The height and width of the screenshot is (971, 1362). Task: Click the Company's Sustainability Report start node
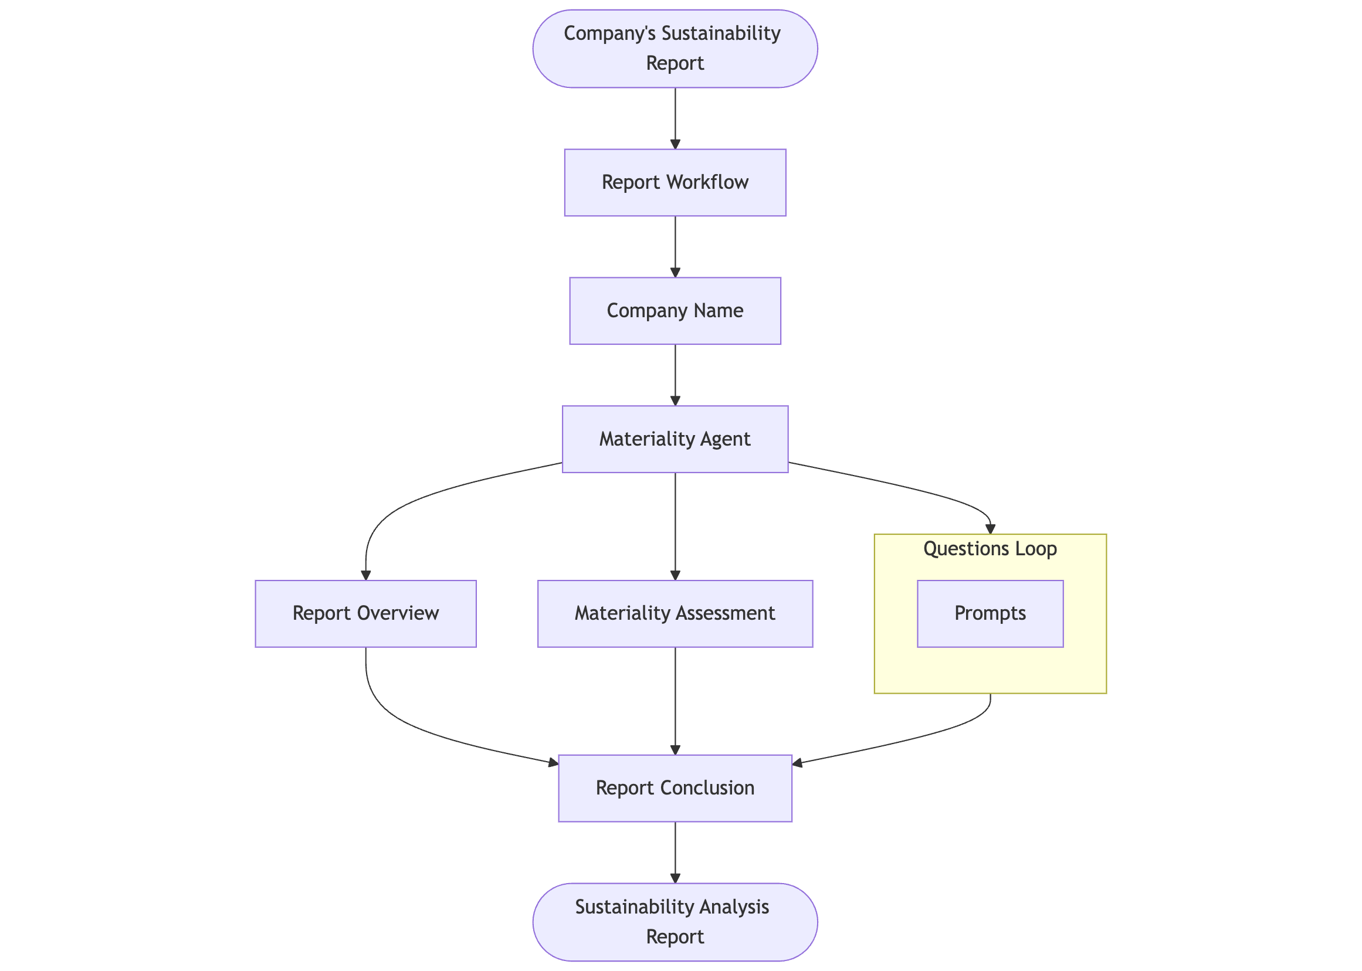coord(675,49)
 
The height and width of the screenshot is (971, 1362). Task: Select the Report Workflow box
coord(675,182)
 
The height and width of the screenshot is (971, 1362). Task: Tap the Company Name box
coord(675,311)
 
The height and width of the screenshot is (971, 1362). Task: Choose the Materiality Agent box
coord(675,439)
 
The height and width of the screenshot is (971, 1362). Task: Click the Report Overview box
coord(365,613)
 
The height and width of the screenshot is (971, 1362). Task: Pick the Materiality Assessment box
coord(675,613)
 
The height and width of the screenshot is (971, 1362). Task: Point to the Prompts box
coord(990,613)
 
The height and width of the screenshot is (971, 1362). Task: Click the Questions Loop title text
coord(990,549)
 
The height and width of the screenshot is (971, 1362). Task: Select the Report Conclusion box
coord(675,788)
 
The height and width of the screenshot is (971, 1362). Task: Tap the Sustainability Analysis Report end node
coord(675,922)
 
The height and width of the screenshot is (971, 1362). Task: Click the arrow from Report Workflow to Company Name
coord(675,245)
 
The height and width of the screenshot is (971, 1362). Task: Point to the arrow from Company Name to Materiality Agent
coord(675,374)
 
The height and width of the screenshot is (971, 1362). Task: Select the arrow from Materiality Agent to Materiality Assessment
coord(675,526)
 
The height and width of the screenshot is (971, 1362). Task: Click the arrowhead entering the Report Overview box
coord(366,575)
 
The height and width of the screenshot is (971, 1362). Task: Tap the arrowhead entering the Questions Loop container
coord(991,529)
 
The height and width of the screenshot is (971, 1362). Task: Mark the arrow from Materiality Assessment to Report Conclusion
coord(675,700)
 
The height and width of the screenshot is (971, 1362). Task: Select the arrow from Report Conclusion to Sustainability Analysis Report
coord(675,852)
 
